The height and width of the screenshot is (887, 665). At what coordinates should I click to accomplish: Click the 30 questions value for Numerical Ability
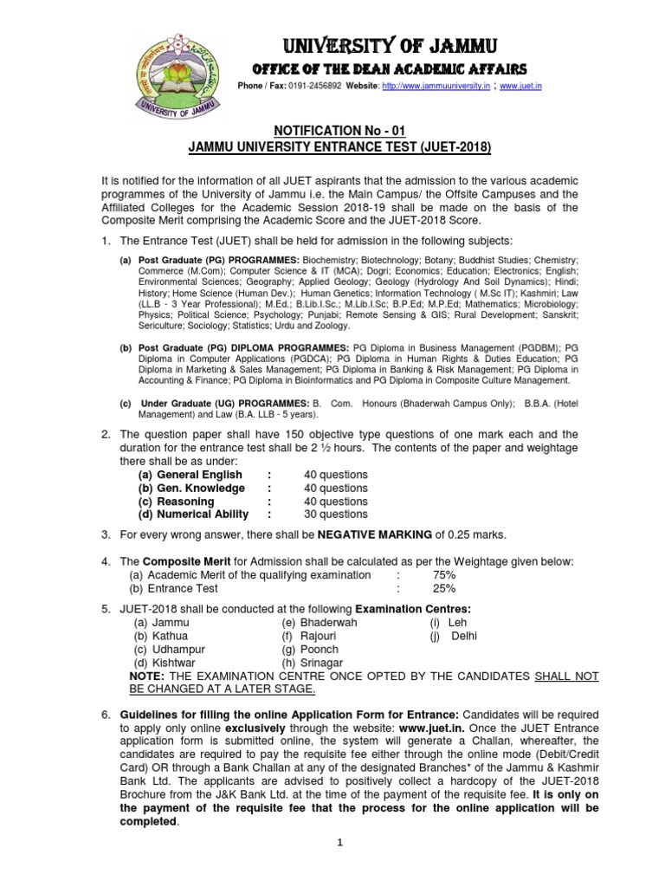pos(336,515)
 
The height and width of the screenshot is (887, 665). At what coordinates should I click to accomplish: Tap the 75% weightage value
pos(444,575)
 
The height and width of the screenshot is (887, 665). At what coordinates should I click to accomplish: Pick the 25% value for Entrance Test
pos(444,589)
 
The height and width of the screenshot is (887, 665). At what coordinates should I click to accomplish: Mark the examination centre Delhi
pos(464,636)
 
